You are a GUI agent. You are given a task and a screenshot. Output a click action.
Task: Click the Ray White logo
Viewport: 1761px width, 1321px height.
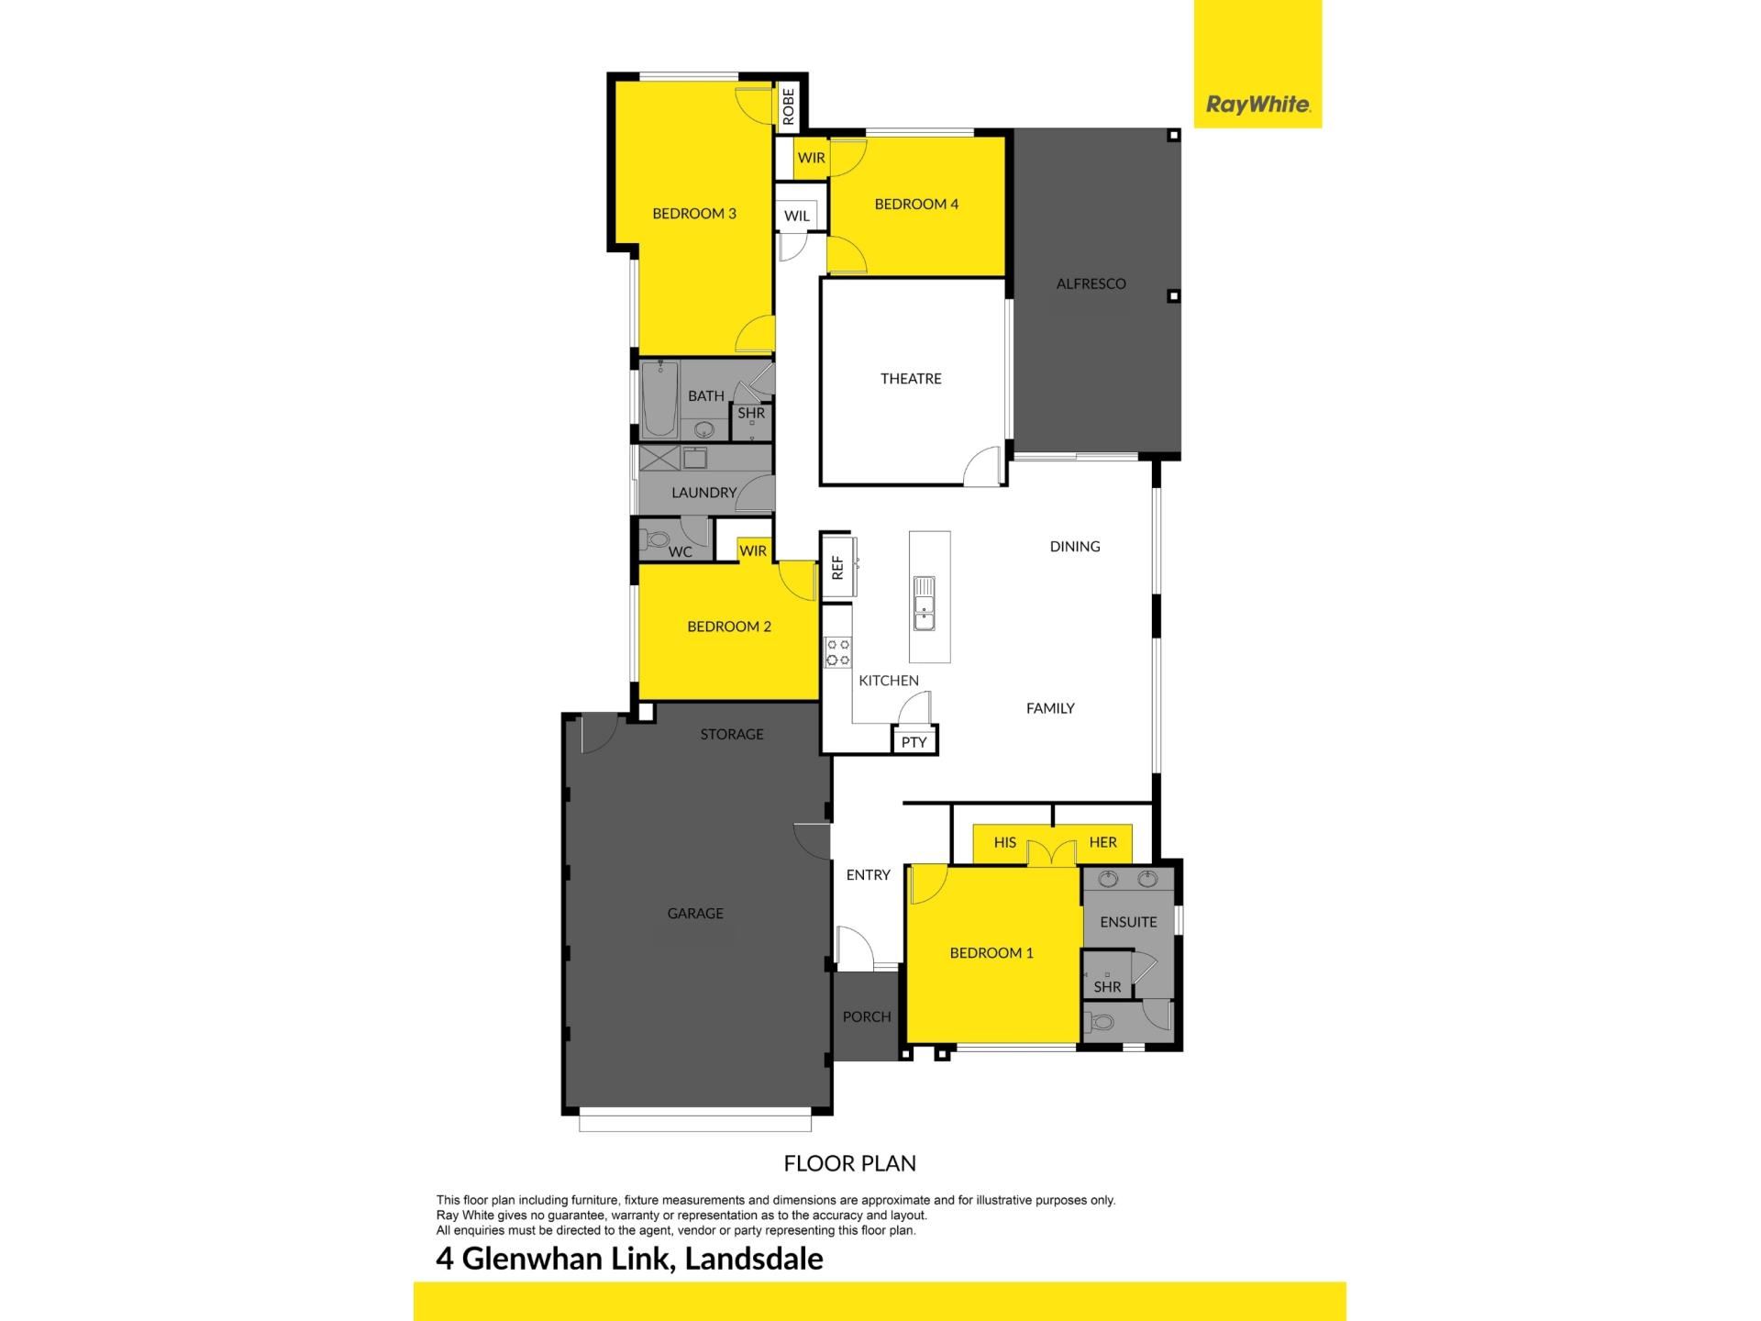click(1257, 105)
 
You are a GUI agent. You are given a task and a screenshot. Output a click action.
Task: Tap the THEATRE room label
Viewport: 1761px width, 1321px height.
click(911, 378)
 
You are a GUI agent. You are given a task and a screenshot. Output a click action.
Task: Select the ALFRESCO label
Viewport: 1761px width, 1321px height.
click(1091, 283)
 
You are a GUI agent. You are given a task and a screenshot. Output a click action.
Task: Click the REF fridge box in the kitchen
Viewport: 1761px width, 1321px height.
click(837, 567)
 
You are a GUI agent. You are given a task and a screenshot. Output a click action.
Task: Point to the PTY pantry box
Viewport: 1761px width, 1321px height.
click(914, 741)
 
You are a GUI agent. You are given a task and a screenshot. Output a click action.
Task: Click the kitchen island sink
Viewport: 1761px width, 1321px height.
click(925, 605)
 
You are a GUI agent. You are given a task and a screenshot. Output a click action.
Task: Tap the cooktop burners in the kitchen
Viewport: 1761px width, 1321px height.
click(837, 652)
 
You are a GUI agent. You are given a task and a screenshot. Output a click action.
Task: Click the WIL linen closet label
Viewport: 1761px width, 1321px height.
click(797, 216)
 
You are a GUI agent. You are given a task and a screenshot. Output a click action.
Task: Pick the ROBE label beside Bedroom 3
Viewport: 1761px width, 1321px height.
click(789, 106)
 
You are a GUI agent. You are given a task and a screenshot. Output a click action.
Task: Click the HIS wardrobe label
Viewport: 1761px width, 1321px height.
click(1005, 842)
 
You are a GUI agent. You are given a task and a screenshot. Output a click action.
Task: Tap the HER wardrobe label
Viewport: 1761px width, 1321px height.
click(1102, 842)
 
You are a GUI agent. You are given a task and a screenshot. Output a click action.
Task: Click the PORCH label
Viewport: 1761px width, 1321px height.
click(867, 1016)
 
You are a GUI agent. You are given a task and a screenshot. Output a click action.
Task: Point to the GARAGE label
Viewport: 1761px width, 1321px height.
click(695, 913)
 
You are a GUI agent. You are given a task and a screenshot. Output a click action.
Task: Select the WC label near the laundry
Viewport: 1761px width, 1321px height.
click(681, 551)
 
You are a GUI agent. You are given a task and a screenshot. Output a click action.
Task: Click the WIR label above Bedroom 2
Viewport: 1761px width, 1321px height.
click(753, 550)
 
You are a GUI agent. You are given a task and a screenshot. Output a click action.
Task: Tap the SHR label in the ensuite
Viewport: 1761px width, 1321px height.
click(1108, 987)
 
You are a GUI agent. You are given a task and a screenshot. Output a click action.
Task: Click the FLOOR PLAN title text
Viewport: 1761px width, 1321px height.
click(850, 1163)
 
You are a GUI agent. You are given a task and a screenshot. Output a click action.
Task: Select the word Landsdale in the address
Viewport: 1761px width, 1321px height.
click(754, 1259)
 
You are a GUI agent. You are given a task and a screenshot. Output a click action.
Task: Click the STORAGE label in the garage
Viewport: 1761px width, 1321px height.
click(732, 734)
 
